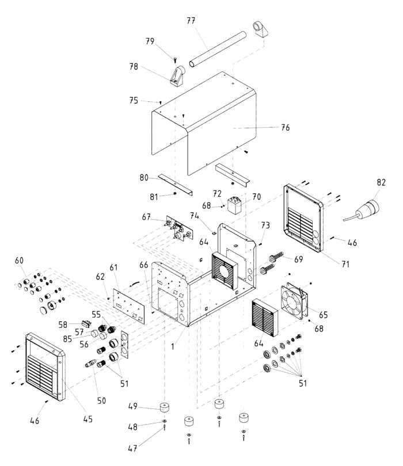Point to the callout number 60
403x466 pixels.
click(20, 261)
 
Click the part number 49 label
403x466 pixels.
click(132, 406)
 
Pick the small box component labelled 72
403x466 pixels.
click(234, 204)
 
